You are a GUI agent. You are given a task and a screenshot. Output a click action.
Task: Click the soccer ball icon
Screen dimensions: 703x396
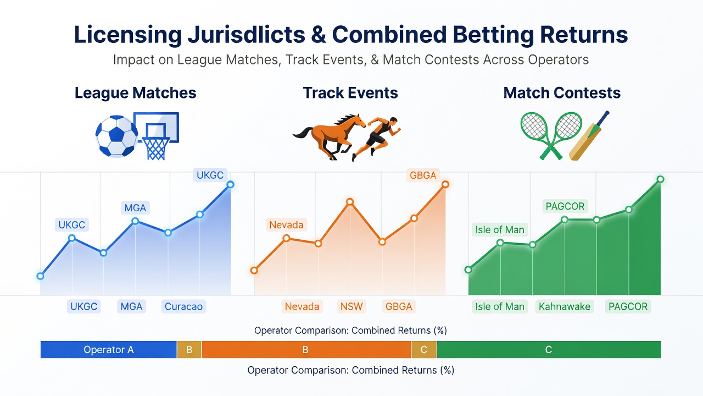117,136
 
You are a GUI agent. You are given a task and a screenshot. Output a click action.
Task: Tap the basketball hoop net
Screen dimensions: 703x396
156,148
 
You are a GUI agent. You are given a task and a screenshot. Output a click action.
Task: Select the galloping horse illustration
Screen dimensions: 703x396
330,136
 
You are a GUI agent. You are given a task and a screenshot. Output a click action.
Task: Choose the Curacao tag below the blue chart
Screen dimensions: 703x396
183,306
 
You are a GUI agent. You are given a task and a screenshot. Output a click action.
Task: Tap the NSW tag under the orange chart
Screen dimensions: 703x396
351,306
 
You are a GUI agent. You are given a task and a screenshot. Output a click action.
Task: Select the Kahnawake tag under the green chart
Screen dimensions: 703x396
565,306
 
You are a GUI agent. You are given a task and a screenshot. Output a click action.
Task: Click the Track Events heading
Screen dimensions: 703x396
350,93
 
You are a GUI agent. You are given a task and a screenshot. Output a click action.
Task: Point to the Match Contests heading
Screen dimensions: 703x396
562,93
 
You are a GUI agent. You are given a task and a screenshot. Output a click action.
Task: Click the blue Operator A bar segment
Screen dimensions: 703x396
109,349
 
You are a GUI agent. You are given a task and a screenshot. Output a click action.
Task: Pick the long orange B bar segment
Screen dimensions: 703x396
306,349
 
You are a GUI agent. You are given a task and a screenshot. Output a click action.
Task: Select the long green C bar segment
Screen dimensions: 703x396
549,349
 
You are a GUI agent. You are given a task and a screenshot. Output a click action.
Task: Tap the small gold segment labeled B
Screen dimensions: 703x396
189,349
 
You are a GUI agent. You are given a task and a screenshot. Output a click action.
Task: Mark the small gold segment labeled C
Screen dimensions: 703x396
424,349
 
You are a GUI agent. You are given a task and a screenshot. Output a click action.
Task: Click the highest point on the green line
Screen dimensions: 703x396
660,179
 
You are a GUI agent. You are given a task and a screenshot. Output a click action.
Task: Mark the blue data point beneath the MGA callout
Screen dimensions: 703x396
135,221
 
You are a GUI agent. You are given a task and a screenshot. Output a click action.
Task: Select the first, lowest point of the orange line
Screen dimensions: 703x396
254,270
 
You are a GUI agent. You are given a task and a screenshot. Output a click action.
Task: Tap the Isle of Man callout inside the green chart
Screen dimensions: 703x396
500,230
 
